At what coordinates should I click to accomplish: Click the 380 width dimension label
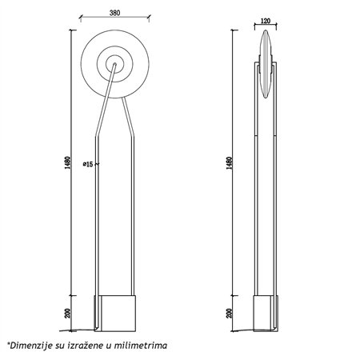click(x=114, y=13)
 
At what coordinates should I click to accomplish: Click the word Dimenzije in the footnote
click(x=31, y=346)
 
